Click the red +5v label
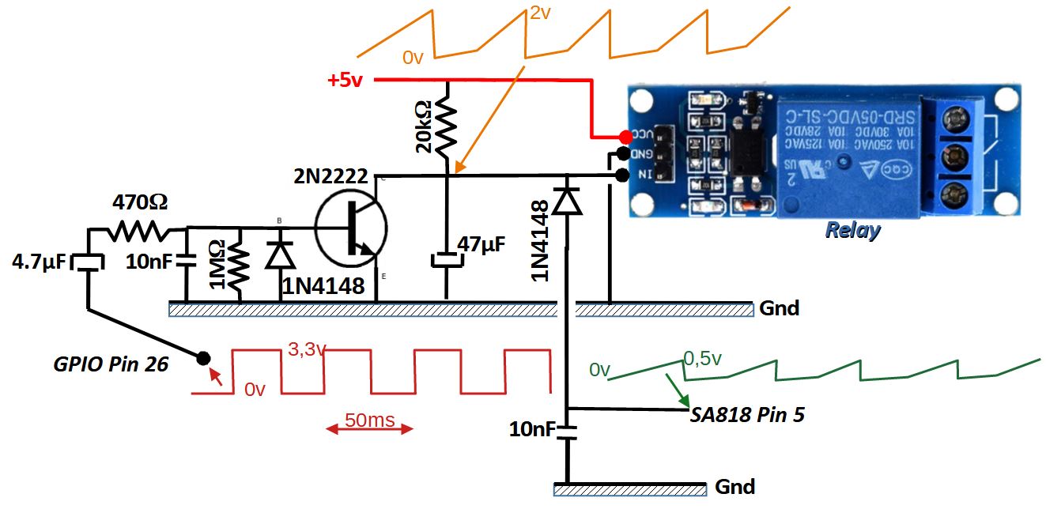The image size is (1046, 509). tap(345, 81)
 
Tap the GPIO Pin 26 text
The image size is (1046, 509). tap(110, 364)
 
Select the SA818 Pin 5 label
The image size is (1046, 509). tap(747, 414)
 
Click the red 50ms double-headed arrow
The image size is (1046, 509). tap(370, 429)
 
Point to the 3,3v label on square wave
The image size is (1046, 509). tap(306, 349)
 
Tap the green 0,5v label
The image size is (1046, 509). tap(702, 359)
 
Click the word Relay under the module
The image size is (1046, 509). tap(852, 230)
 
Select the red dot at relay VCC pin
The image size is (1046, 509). tap(625, 136)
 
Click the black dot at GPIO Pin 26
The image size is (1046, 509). tap(203, 357)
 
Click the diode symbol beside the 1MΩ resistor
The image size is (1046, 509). tap(278, 254)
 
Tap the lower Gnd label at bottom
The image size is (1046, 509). tap(734, 486)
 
